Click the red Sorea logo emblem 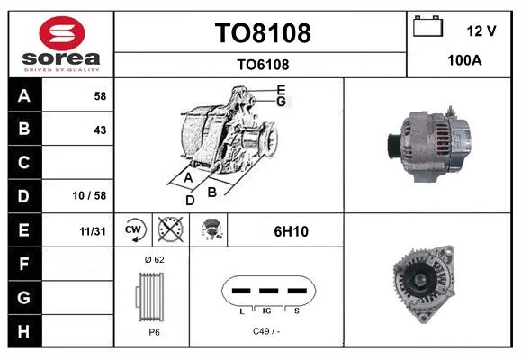[62, 33]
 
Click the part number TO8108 [263, 33]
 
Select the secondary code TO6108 [263, 65]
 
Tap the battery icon [427, 26]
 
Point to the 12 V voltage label [481, 31]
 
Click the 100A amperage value [464, 60]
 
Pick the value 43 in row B [100, 130]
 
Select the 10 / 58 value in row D [89, 195]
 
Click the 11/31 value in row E [93, 231]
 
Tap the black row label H [24, 331]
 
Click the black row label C [24, 163]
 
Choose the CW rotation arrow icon [133, 229]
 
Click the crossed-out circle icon [171, 229]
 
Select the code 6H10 [291, 231]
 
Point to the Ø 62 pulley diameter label [155, 259]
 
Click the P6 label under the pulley [154, 332]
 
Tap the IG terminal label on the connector [266, 311]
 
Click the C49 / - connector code [266, 331]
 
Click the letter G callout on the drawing [281, 102]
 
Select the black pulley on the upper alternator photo [394, 147]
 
